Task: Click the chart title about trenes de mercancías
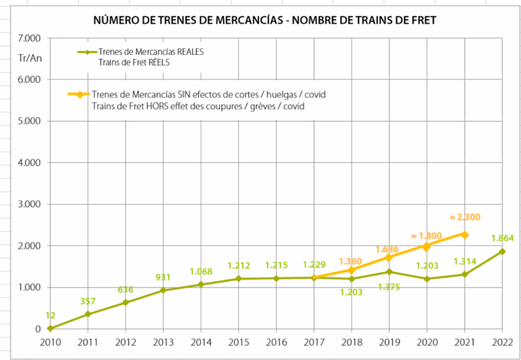[264, 21]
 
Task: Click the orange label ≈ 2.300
[465, 217]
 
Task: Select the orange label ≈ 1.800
[427, 236]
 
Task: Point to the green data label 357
[89, 301]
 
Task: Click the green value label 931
[163, 278]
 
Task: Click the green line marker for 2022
[502, 251]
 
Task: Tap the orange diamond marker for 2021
[465, 234]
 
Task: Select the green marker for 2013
[163, 290]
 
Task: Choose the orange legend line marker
[79, 95]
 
